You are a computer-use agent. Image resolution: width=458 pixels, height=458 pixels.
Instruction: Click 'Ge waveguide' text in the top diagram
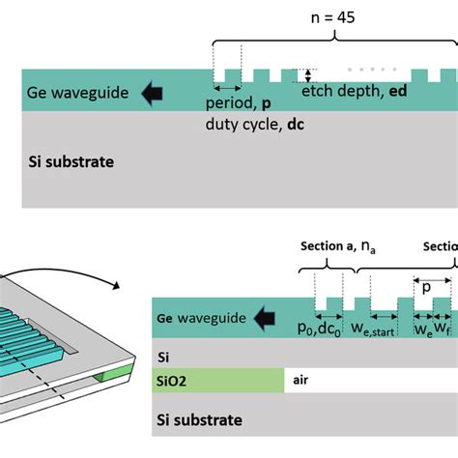pyautogui.click(x=74, y=94)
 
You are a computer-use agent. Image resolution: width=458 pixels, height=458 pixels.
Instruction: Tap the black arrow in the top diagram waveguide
pyautogui.click(x=152, y=94)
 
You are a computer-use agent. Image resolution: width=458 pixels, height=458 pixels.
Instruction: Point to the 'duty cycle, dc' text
pyautogui.click(x=249, y=124)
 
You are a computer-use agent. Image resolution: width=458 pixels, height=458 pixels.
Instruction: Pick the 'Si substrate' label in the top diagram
pyautogui.click(x=72, y=161)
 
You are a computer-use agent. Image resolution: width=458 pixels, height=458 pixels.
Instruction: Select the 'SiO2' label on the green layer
pyautogui.click(x=175, y=381)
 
